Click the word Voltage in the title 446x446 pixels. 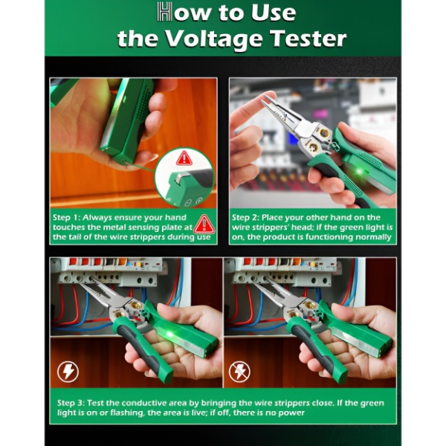pos(213,39)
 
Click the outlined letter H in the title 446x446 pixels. pos(165,12)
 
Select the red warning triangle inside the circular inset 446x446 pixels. pos(184,158)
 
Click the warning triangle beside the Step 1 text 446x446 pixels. pos(204,224)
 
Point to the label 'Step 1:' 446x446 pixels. pos(66,218)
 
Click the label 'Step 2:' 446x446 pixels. pos(245,218)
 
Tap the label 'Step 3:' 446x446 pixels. pos(71,403)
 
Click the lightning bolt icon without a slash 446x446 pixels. pos(68,372)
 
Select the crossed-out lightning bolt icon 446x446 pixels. pos(239,372)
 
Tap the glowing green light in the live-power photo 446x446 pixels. pos(170,333)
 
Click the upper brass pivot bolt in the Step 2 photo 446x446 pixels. pos(324,132)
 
